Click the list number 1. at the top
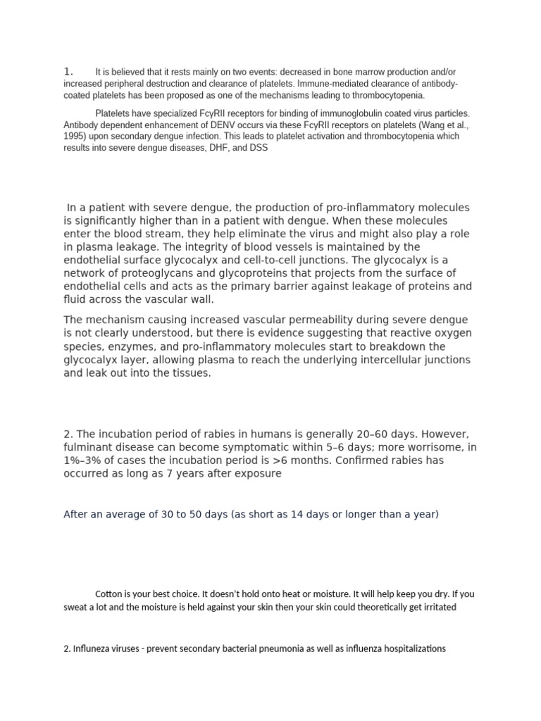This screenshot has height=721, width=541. click(68, 71)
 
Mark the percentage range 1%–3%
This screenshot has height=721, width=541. click(86, 460)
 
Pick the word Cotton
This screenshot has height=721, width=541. click(108, 594)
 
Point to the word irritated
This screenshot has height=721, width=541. click(438, 607)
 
